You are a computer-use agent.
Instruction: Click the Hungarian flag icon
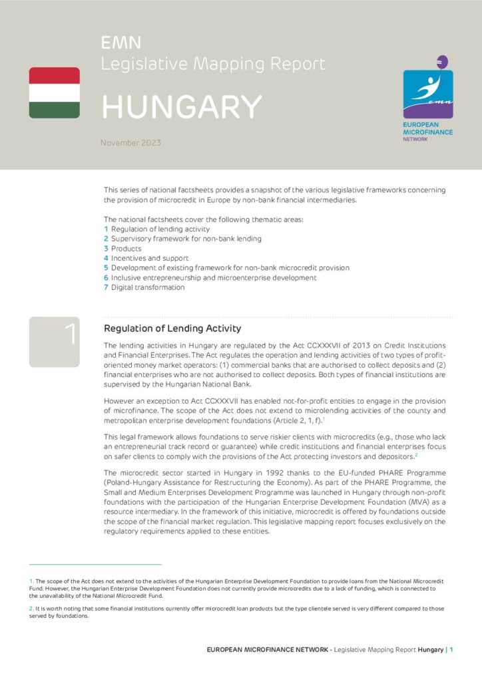coord(54,92)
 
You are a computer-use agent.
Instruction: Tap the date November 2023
coord(130,142)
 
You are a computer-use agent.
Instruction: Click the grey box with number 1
coord(54,342)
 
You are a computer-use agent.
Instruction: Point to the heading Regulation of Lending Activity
coord(172,329)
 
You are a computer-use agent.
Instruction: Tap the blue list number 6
coord(106,277)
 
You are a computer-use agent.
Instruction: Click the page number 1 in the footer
coord(451,649)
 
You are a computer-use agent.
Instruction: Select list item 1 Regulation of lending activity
coord(156,229)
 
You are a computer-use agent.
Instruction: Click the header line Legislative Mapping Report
coord(213,64)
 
